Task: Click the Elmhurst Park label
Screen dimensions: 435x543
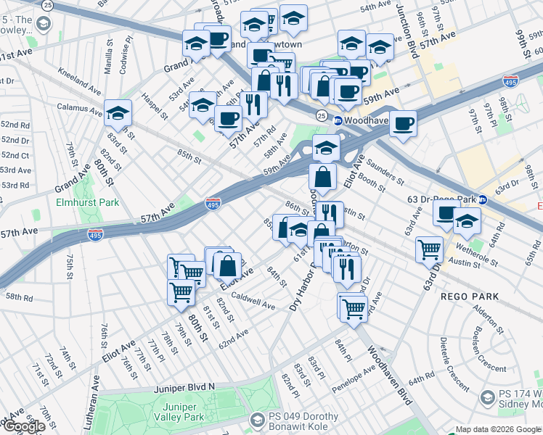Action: click(x=88, y=203)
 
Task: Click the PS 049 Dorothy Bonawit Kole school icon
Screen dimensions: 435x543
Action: click(x=257, y=420)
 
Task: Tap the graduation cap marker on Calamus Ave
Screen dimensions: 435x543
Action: click(x=118, y=112)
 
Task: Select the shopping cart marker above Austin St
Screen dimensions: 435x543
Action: click(x=430, y=249)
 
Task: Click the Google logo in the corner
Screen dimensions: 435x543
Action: click(x=25, y=426)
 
